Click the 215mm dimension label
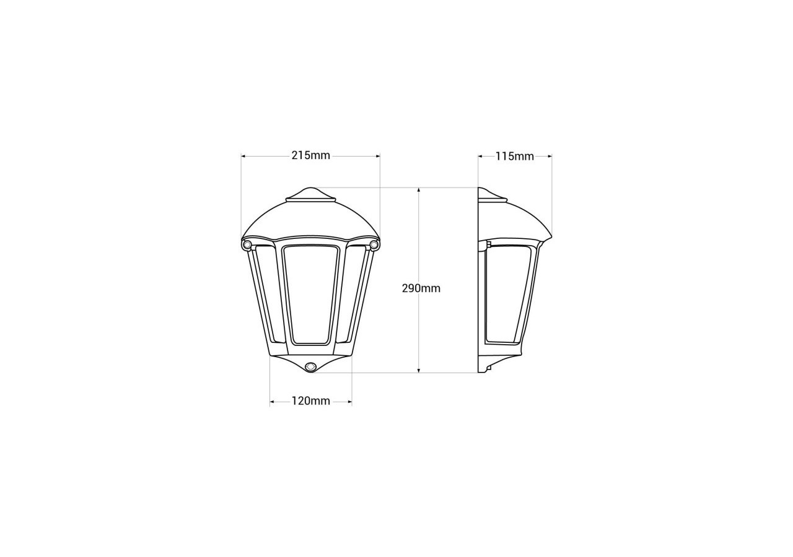pyautogui.click(x=310, y=156)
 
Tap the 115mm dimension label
pyautogui.click(x=514, y=157)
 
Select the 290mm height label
pyautogui.click(x=421, y=288)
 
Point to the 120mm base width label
pyautogui.click(x=310, y=401)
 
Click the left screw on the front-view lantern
pyautogui.click(x=247, y=245)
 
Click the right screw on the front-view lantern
pyautogui.click(x=374, y=245)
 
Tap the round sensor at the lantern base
pyautogui.click(x=310, y=366)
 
